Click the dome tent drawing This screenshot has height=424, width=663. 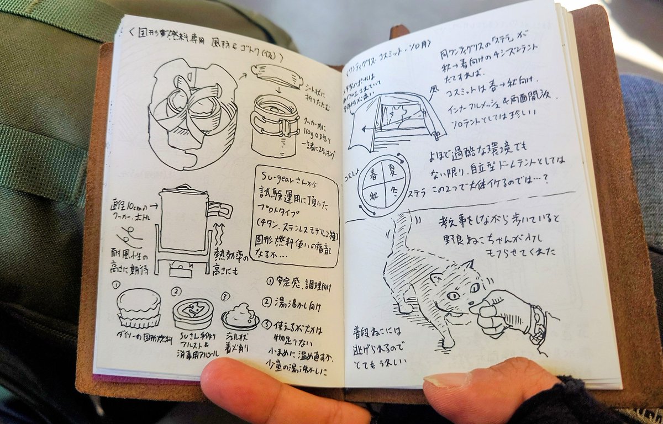click(395, 119)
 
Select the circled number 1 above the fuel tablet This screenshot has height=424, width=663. click(116, 285)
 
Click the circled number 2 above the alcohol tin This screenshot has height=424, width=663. click(176, 291)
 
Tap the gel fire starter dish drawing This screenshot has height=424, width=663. click(240, 316)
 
